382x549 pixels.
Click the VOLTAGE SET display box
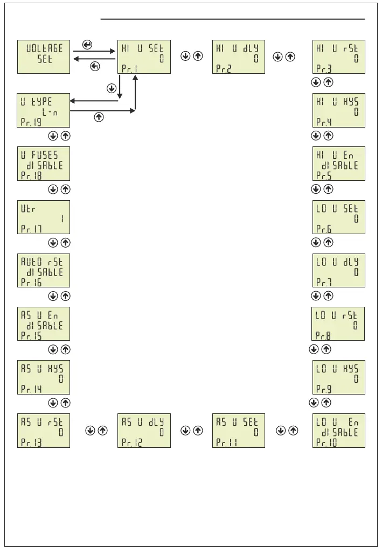tap(44, 56)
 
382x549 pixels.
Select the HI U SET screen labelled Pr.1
tap(144, 56)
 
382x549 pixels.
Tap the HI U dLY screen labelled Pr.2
tap(239, 56)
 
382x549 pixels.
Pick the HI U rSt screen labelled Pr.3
tap(338, 56)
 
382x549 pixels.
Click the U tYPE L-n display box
tap(44, 110)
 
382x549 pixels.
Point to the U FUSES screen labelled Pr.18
tap(44, 163)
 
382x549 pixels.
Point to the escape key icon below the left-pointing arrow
tap(95, 66)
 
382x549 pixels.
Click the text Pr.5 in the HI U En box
tap(324, 175)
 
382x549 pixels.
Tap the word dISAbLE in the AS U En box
tap(44, 326)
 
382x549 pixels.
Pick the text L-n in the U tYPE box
tap(50, 112)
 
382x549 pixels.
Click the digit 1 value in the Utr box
tap(61, 219)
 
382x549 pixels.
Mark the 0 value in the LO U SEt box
tap(356, 219)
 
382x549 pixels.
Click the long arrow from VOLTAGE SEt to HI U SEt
tap(94, 52)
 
